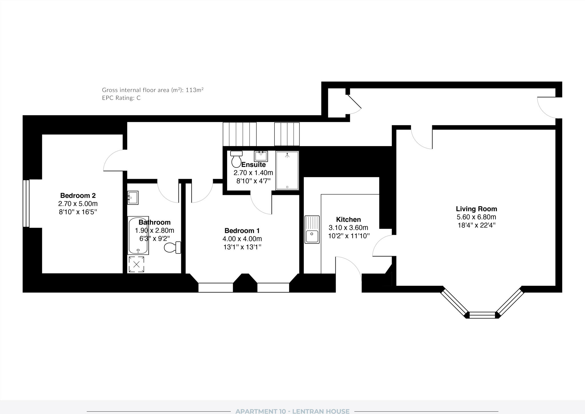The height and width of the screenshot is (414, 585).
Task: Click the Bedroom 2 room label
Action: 78,195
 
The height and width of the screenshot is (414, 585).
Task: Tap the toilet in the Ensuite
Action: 236,159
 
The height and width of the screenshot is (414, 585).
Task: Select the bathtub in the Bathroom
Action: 138,235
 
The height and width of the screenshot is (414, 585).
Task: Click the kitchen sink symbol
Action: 312,229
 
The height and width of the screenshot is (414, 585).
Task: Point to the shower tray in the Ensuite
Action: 287,171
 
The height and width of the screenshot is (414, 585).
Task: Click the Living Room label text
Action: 476,209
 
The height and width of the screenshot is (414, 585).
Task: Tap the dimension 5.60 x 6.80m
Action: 476,217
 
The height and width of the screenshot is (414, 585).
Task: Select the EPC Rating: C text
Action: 121,98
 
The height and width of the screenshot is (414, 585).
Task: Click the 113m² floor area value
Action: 195,90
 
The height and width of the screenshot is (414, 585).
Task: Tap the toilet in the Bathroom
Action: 173,247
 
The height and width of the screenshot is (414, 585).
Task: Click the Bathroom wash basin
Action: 133,198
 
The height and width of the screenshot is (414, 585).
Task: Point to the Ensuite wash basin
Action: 261,156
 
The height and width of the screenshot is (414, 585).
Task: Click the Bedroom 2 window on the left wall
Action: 26,203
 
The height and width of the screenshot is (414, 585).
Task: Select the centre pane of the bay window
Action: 482,315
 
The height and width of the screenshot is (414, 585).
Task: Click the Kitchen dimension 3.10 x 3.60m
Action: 348,228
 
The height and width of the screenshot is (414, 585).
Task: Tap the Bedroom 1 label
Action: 242,231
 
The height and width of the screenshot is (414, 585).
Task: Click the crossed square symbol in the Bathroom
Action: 136,264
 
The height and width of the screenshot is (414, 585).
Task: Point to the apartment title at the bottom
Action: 292,411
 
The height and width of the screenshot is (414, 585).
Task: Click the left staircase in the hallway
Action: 239,134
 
